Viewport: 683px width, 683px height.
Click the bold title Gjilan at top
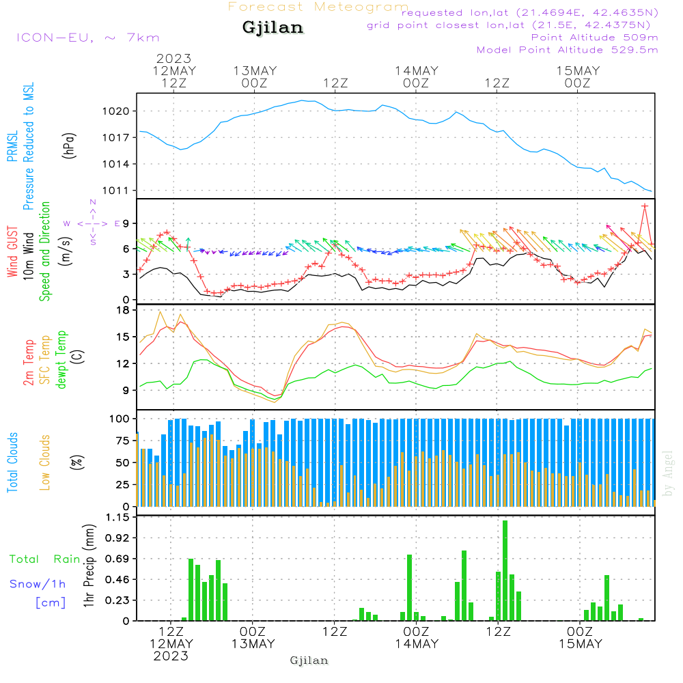click(273, 28)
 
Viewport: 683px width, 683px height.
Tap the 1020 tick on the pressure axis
click(116, 111)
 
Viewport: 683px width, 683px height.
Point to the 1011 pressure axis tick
click(116, 191)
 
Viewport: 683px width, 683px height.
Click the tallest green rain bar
click(505, 570)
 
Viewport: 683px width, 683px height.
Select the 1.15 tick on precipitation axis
click(117, 517)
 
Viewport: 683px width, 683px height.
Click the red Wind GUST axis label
click(12, 251)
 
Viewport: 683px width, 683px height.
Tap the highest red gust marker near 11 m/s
click(645, 206)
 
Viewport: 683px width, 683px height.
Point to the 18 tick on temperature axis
click(123, 310)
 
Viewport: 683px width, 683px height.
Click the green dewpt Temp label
click(61, 359)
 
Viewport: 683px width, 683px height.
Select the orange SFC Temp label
click(45, 360)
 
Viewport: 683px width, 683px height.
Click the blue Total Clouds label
click(12, 462)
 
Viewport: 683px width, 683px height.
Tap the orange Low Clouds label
click(45, 462)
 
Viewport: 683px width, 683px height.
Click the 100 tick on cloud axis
click(119, 419)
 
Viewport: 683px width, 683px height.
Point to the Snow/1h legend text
click(38, 584)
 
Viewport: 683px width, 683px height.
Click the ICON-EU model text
click(55, 38)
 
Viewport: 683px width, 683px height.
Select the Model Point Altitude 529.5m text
click(567, 50)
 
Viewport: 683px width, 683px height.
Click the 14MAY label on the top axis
click(417, 70)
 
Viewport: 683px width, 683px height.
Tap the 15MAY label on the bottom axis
click(581, 644)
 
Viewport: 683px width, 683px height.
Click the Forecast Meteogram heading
click(318, 7)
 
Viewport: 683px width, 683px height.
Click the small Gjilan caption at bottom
click(309, 660)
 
